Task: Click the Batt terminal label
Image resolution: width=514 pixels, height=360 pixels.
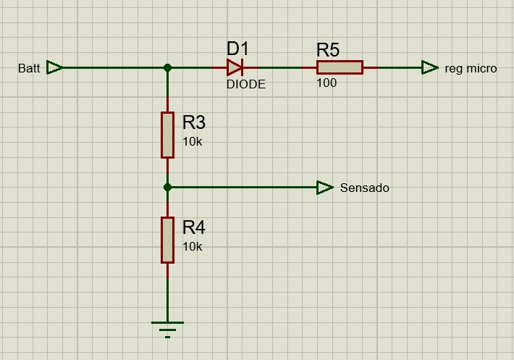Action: pyautogui.click(x=29, y=68)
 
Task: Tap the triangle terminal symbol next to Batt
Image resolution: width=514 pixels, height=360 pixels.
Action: pyautogui.click(x=54, y=67)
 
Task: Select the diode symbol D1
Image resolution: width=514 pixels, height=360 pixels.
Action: pyautogui.click(x=235, y=67)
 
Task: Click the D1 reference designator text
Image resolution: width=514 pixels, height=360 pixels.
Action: pyautogui.click(x=237, y=49)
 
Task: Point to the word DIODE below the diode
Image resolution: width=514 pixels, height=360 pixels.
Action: pyautogui.click(x=246, y=84)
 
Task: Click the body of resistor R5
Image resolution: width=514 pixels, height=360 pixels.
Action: pyautogui.click(x=340, y=67)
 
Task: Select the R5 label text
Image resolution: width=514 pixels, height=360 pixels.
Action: pyautogui.click(x=328, y=50)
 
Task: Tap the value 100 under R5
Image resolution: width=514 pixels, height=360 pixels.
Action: pyautogui.click(x=326, y=83)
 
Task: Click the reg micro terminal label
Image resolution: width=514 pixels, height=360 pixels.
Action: pyautogui.click(x=471, y=69)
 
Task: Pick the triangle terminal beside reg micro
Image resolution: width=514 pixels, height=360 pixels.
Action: pyautogui.click(x=429, y=67)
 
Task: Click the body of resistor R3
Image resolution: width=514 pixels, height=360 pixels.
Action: pyautogui.click(x=167, y=135)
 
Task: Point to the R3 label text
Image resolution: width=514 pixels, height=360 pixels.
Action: pyautogui.click(x=194, y=122)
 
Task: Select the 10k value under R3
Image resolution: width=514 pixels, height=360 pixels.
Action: pyautogui.click(x=193, y=142)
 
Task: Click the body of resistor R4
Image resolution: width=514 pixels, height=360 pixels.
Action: pyautogui.click(x=167, y=240)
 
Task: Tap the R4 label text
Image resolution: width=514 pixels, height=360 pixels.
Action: pyautogui.click(x=194, y=227)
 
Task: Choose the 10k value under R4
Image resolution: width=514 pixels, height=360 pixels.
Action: pyautogui.click(x=193, y=246)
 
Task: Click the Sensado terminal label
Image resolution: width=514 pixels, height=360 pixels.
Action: pyautogui.click(x=365, y=188)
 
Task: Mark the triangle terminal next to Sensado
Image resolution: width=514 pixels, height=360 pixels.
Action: pyautogui.click(x=325, y=188)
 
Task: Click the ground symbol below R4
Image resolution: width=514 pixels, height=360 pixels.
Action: pyautogui.click(x=167, y=330)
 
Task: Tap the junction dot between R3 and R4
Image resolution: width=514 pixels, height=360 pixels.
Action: pyautogui.click(x=167, y=188)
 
